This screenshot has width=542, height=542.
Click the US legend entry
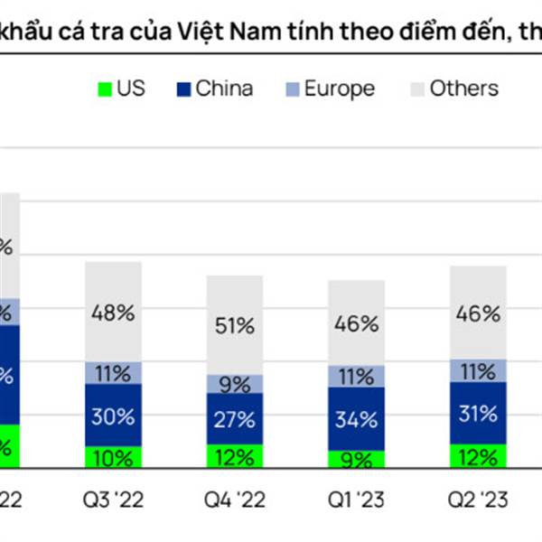pyautogui.click(x=120, y=89)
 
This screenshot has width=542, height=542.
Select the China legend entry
pyautogui.click(x=214, y=89)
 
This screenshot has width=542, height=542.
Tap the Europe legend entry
pyautogui.click(x=327, y=89)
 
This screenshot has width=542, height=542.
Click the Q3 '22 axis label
pyautogui.click(x=113, y=500)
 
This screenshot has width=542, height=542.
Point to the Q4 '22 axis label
pyautogui.click(x=234, y=500)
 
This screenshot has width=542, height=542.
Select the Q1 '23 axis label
pyautogui.click(x=356, y=500)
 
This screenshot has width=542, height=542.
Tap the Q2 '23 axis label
pyautogui.click(x=478, y=500)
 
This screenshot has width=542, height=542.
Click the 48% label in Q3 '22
pyautogui.click(x=113, y=313)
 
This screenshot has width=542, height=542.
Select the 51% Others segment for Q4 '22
pyautogui.click(x=234, y=326)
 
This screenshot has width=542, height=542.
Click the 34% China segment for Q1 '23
pyautogui.click(x=356, y=419)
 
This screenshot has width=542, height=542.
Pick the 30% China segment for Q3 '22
pyautogui.click(x=113, y=416)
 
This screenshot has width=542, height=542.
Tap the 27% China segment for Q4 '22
pyautogui.click(x=234, y=419)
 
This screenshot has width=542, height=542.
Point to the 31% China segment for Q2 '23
pyautogui.click(x=478, y=415)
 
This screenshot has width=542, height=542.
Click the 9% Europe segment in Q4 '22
pyautogui.click(x=234, y=384)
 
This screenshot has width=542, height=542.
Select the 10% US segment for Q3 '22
pyautogui.click(x=113, y=457)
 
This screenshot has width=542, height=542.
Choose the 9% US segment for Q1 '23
pyautogui.click(x=356, y=459)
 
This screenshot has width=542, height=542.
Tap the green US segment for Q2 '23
pyautogui.click(x=478, y=456)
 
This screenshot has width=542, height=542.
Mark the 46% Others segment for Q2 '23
pyautogui.click(x=478, y=313)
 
